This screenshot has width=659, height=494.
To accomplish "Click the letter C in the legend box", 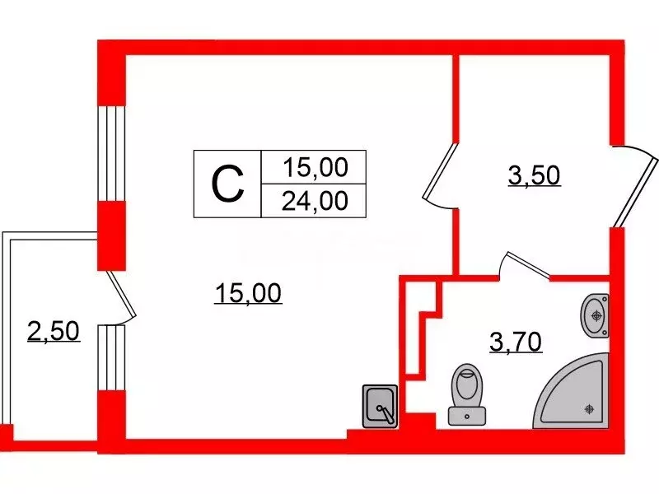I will click(227, 184).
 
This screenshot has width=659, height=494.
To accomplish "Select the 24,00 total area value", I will click(312, 200).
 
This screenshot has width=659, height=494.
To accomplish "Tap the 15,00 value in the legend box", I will click(312, 169).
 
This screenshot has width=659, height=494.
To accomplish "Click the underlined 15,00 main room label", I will click(248, 291).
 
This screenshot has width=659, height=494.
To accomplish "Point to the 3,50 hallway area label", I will click(534, 175).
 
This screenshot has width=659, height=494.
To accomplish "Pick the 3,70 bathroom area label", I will click(515, 340).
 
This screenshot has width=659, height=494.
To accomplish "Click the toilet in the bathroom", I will click(467, 390).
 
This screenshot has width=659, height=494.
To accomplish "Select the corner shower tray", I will click(577, 392).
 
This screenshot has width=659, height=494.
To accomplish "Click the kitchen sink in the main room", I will click(381, 405).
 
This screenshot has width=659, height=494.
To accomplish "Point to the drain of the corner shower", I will click(589, 408).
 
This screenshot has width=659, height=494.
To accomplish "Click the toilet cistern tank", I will click(466, 413).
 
